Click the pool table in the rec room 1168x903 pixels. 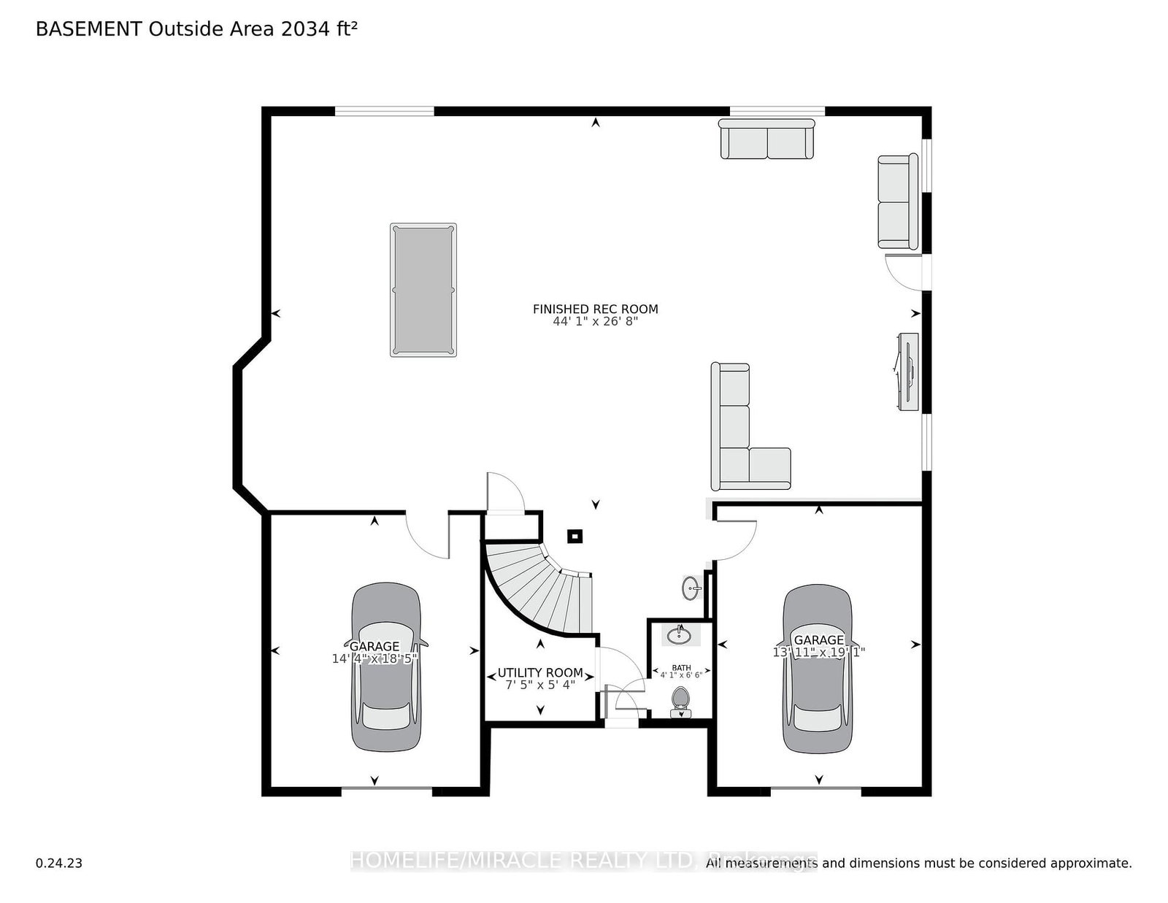click(x=423, y=290)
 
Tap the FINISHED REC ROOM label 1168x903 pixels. click(x=595, y=309)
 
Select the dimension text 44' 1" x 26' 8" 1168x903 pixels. click(x=595, y=320)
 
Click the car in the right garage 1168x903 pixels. click(x=818, y=668)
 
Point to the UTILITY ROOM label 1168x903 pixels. click(x=540, y=673)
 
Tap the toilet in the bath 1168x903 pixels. click(x=680, y=699)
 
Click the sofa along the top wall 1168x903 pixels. click(x=766, y=139)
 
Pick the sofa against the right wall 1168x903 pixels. click(x=897, y=201)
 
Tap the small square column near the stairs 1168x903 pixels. click(x=575, y=537)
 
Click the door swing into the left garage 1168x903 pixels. click(x=427, y=537)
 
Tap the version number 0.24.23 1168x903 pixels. click(x=59, y=863)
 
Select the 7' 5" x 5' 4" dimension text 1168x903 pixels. click(x=540, y=685)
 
